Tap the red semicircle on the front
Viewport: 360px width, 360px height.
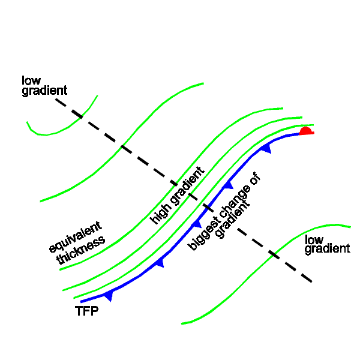click(x=305, y=131)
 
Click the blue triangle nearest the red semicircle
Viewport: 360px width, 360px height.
click(x=266, y=148)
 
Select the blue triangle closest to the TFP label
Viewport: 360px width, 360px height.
click(x=108, y=295)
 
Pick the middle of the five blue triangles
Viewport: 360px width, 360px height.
click(x=196, y=223)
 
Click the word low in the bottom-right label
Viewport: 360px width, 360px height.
click(x=314, y=240)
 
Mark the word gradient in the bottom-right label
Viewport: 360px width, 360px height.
click(x=327, y=249)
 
